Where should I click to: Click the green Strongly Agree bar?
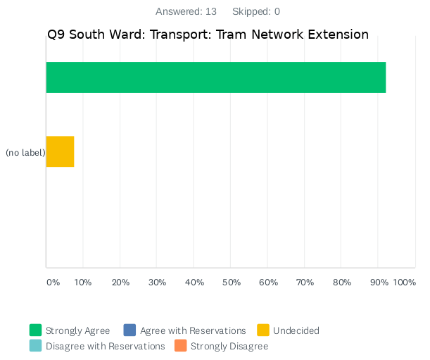(216, 77)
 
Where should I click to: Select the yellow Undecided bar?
(60, 151)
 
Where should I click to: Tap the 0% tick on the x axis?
(53, 283)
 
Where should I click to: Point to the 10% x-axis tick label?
(83, 283)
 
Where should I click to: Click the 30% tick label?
(157, 283)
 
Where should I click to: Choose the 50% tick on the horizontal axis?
(231, 283)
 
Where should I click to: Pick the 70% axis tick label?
(305, 283)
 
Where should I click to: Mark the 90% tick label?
(379, 283)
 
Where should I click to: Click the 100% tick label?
(405, 283)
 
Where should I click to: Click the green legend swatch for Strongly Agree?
(36, 330)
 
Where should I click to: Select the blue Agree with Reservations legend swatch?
(129, 330)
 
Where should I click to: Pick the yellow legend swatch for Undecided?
(263, 330)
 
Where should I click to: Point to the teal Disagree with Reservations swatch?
(36, 346)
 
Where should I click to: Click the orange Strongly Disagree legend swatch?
(181, 346)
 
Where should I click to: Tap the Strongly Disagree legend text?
(229, 346)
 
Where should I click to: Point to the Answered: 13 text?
(186, 11)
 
